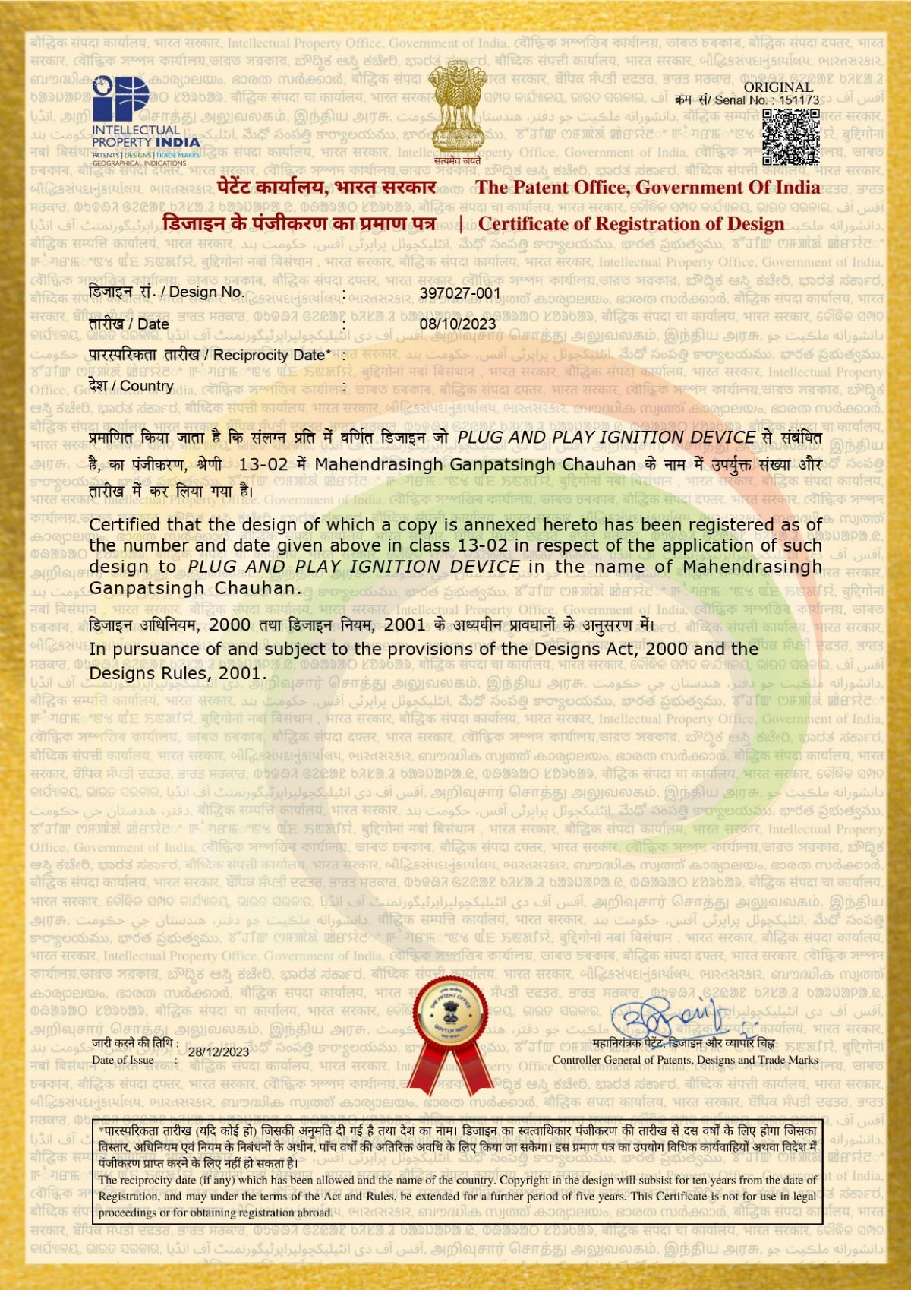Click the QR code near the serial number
click(790, 137)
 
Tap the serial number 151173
click(799, 100)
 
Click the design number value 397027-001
click(460, 292)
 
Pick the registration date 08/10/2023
click(458, 324)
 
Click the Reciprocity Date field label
click(210, 355)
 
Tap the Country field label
click(131, 386)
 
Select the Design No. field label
click(166, 292)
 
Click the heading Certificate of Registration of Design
click(631, 224)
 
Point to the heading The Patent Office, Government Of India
click(648, 188)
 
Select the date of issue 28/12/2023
click(219, 1052)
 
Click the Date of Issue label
click(123, 1060)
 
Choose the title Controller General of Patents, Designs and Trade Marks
click(685, 1060)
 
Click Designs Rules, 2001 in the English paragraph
click(178, 673)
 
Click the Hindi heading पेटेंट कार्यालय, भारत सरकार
click(326, 188)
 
